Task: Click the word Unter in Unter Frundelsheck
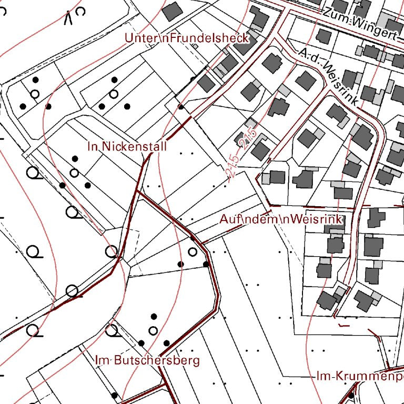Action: (138, 38)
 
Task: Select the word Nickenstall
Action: (135, 146)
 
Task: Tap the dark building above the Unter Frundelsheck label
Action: (172, 11)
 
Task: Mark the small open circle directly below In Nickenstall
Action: (74, 173)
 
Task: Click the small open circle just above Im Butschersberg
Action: (153, 330)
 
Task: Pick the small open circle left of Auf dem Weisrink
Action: (193, 251)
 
